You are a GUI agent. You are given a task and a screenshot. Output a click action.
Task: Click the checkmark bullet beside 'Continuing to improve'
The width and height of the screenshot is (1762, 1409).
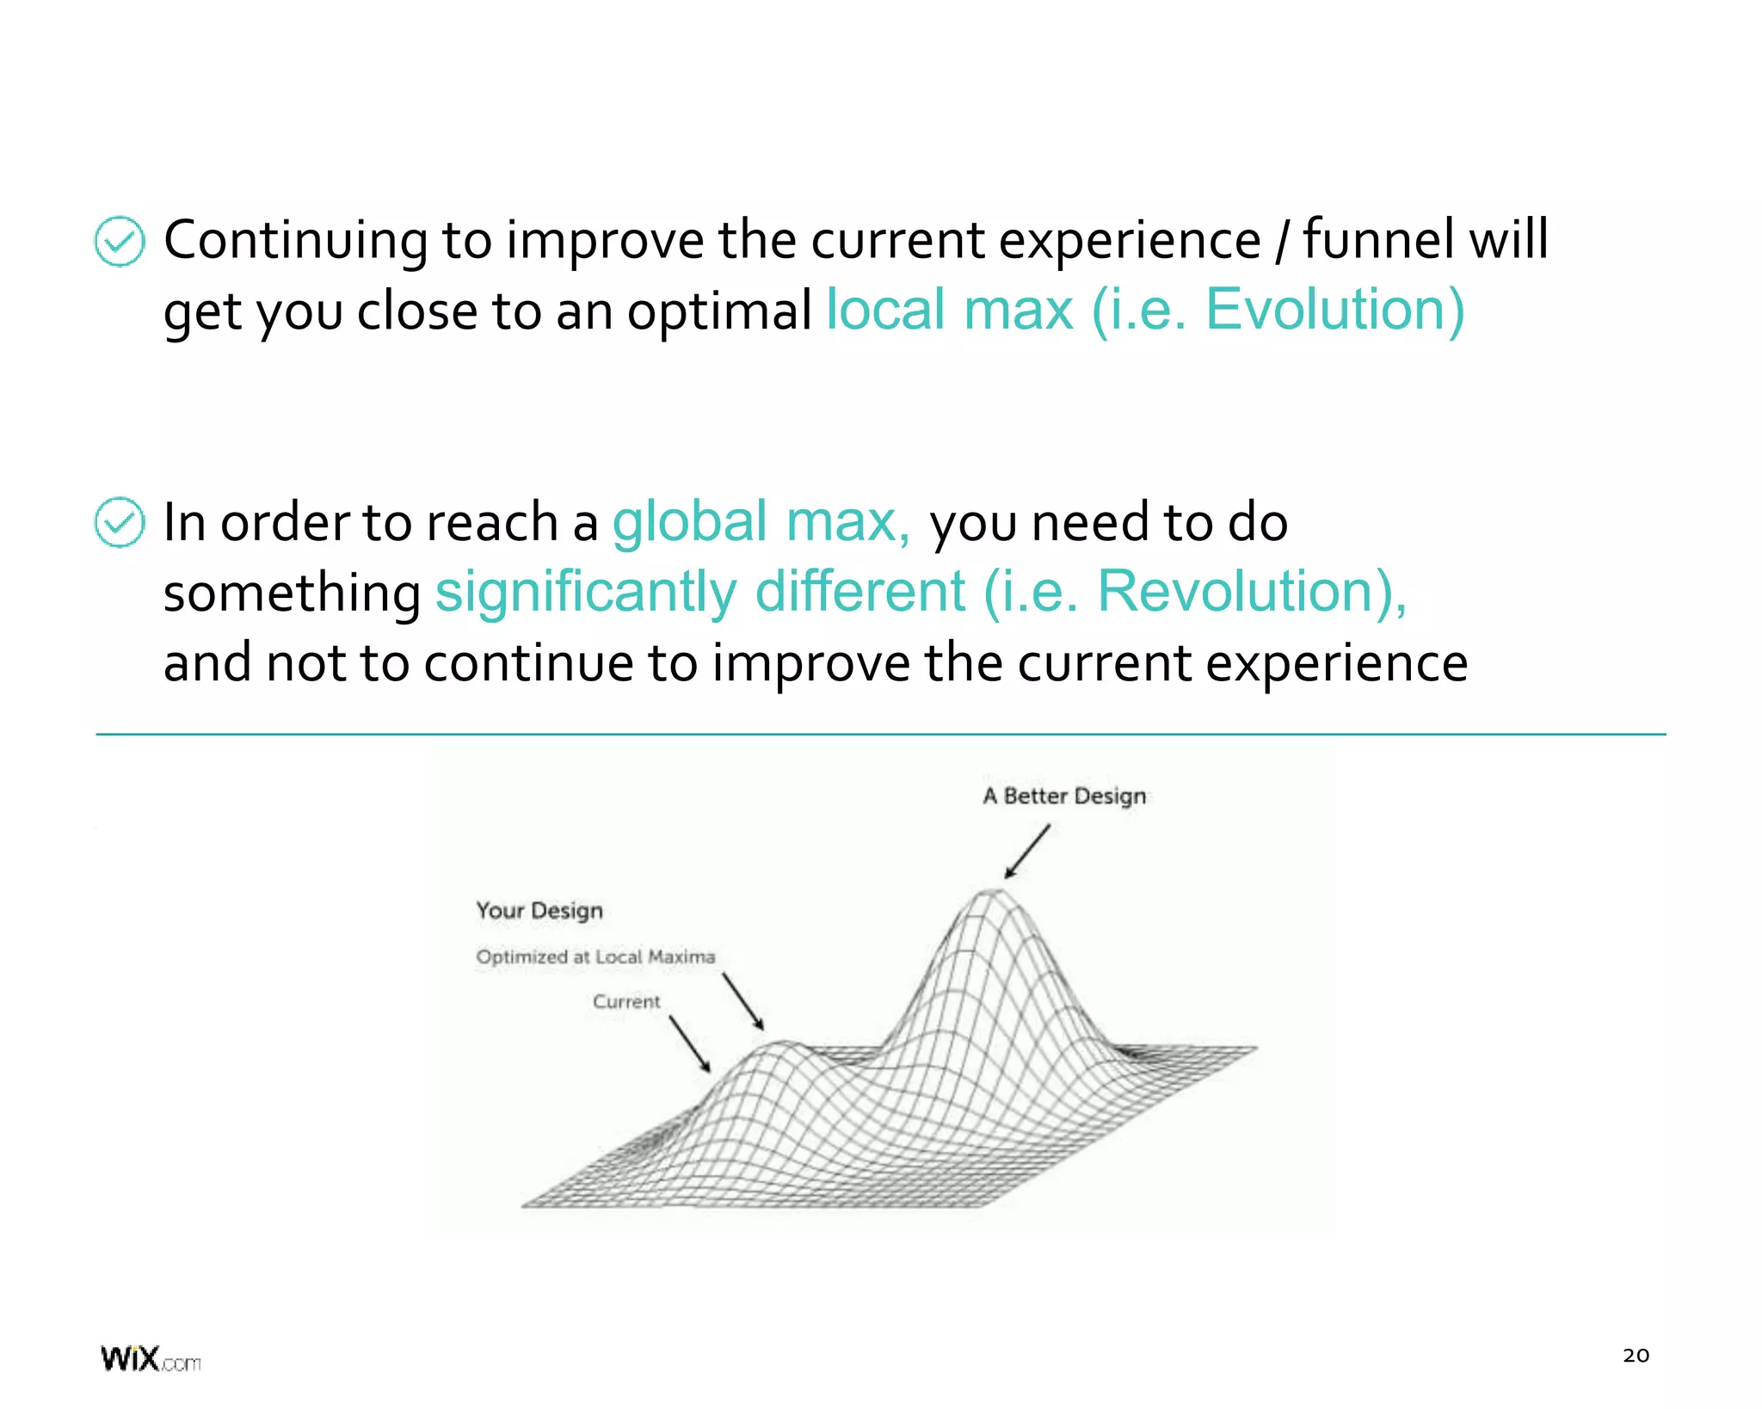(119, 241)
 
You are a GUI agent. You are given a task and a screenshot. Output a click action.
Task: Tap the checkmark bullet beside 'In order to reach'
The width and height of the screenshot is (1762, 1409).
(119, 522)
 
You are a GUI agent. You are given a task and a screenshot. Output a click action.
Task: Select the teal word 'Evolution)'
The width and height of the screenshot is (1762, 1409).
(1334, 310)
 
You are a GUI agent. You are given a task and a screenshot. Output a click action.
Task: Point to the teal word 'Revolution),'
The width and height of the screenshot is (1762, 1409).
(1252, 592)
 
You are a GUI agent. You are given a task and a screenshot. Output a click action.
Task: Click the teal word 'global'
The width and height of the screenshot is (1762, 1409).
(689, 521)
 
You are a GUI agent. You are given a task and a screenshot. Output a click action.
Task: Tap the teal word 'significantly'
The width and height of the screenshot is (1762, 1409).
(586, 592)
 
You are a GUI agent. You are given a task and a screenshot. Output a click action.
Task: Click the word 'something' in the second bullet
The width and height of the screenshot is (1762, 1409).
(292, 594)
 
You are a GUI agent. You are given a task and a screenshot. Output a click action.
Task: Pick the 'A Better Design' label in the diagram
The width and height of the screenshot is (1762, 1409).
(1064, 796)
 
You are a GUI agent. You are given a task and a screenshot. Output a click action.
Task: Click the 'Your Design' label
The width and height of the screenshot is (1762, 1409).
(539, 910)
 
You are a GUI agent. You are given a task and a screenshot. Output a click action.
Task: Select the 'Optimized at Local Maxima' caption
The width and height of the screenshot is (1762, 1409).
(595, 957)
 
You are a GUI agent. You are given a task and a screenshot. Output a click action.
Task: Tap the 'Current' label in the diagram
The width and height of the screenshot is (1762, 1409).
(626, 1001)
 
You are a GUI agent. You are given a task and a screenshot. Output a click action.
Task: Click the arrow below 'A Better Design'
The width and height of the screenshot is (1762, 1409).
(1027, 852)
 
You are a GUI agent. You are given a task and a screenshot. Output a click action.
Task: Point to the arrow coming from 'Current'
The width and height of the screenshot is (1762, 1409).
(690, 1043)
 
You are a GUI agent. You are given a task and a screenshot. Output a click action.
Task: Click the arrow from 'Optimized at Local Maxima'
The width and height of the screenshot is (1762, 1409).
(743, 1001)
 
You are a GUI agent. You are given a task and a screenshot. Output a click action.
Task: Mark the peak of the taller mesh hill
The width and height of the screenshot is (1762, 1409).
(994, 893)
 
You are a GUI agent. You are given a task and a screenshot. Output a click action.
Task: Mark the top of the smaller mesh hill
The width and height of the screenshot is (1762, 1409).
(783, 1045)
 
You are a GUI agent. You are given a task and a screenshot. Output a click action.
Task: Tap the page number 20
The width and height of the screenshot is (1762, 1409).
(1636, 1356)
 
